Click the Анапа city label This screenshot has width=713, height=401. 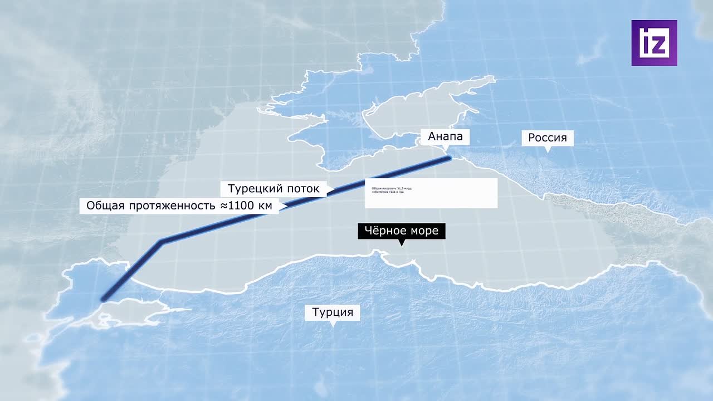445,136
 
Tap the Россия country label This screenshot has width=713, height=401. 547,138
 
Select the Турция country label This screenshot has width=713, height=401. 333,312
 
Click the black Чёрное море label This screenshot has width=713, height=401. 401,231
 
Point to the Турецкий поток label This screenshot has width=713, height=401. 274,188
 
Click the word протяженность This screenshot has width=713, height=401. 172,206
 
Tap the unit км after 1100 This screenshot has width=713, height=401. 265,206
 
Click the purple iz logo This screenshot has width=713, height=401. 654,43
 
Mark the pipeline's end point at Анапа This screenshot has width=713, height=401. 449,158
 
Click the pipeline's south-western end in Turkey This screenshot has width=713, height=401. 103,299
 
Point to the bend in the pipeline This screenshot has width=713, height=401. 162,241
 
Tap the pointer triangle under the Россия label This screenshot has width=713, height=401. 547,149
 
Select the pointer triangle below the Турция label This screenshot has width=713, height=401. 333,324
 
